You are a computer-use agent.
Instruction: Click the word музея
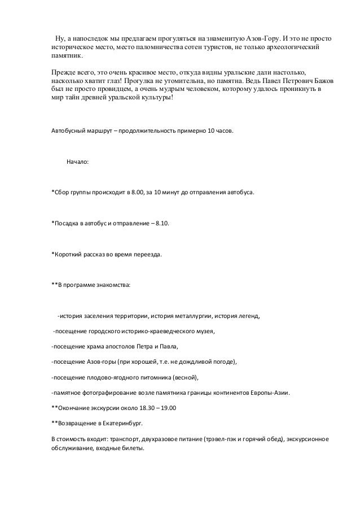[x=203, y=330]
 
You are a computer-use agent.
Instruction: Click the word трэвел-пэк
[x=210, y=438]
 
